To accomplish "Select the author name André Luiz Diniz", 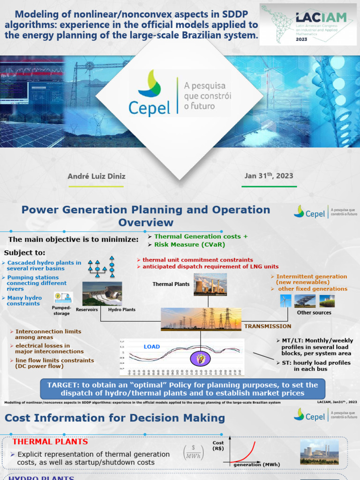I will click(x=97, y=176).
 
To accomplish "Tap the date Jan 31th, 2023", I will click(x=269, y=176).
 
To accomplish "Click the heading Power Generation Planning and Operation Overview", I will click(x=146, y=216).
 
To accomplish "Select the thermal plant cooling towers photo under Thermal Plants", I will click(x=210, y=285).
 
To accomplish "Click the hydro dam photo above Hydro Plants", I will click(x=102, y=294).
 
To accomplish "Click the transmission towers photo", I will click(x=202, y=319).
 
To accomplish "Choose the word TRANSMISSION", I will click(x=268, y=326).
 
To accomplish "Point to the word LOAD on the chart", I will click(x=151, y=347).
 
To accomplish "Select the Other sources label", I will click(x=314, y=313).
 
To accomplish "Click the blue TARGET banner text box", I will click(x=182, y=389).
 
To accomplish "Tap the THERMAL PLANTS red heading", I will click(x=50, y=442).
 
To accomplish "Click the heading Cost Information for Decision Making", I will click(x=115, y=418).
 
